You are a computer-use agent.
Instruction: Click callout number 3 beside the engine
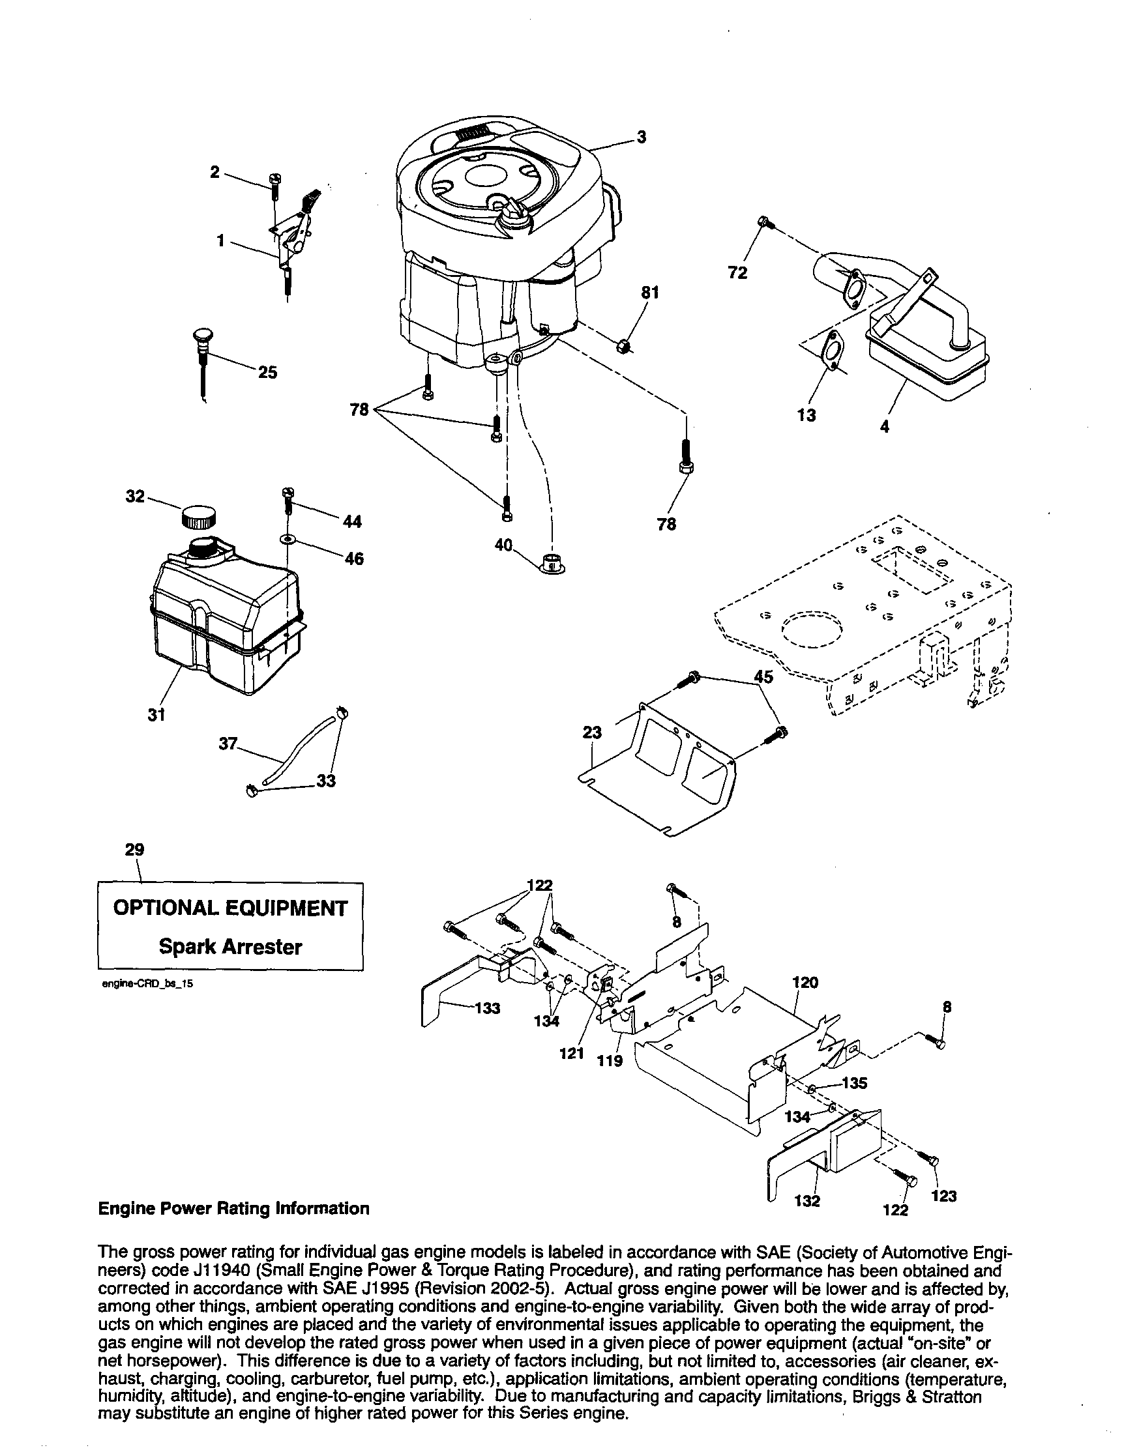[x=642, y=138]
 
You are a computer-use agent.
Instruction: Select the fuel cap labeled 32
[x=198, y=515]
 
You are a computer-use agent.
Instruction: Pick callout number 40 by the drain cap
[x=503, y=545]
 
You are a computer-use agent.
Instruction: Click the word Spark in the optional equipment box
[x=188, y=947]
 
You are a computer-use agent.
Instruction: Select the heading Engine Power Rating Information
[x=233, y=1209]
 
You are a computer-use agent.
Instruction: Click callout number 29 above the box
[x=134, y=850]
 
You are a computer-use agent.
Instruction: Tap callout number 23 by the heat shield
[x=592, y=732]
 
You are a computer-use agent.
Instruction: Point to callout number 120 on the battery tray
[x=806, y=983]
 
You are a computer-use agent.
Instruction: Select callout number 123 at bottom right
[x=943, y=1196]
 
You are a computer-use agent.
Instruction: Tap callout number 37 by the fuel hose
[x=228, y=745]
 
